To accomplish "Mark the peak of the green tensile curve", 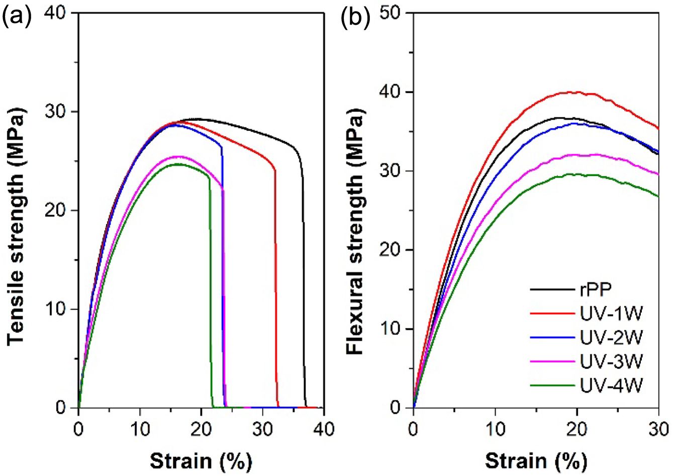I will (x=177, y=164).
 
